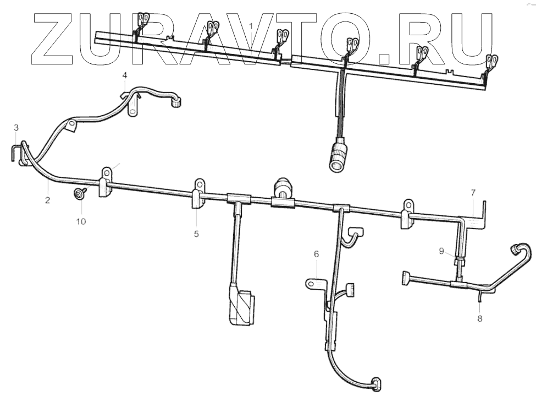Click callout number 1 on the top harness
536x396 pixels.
point(251,26)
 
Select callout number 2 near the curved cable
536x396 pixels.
point(47,200)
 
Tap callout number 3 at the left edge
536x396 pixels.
point(16,128)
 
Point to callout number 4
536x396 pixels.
point(124,75)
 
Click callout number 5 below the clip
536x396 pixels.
point(196,234)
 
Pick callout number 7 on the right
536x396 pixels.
point(473,192)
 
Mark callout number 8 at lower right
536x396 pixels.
point(480,318)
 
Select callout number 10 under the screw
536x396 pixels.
point(81,221)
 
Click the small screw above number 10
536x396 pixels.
point(80,193)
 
